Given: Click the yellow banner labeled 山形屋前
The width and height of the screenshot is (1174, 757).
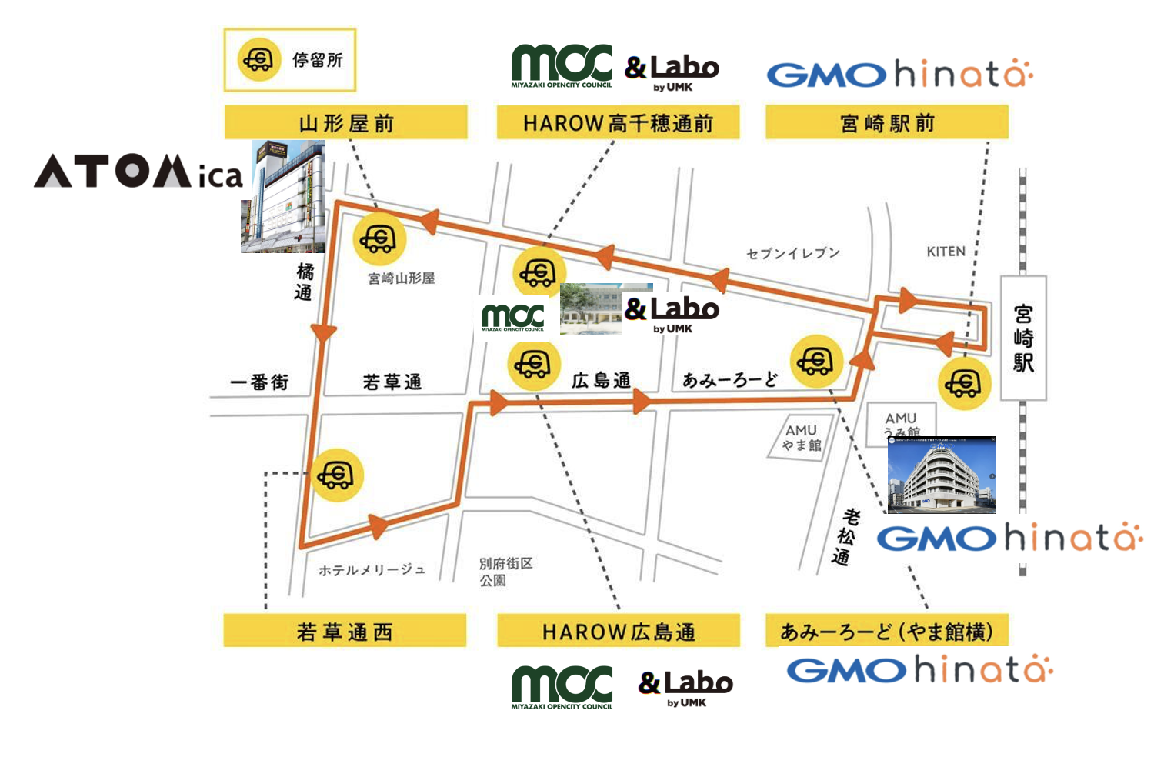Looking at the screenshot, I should pyautogui.click(x=345, y=123).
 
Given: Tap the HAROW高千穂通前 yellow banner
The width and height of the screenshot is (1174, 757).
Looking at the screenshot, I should pyautogui.click(x=618, y=123).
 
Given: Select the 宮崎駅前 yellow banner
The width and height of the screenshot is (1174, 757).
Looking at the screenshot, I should pyautogui.click(x=886, y=123).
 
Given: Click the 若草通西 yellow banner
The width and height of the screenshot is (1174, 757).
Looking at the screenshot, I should pyautogui.click(x=345, y=632).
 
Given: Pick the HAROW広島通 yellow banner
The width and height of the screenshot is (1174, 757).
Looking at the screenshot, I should pyautogui.click(x=618, y=632).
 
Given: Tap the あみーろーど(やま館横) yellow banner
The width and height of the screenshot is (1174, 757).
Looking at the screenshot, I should pyautogui.click(x=886, y=632).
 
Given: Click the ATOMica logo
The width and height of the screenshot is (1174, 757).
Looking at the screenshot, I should pyautogui.click(x=138, y=172).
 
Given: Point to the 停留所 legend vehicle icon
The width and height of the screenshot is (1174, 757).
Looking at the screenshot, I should pyautogui.click(x=258, y=59).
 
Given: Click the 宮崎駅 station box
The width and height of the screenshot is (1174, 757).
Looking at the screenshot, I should pyautogui.click(x=1023, y=338).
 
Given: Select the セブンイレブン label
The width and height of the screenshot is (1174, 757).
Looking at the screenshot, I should pyautogui.click(x=793, y=252).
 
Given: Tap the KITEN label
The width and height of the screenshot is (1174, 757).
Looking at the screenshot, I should pyautogui.click(x=946, y=252).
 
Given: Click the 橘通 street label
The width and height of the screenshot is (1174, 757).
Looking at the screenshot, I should pyautogui.click(x=305, y=282).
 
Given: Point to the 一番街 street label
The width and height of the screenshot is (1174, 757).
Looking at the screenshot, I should pyautogui.click(x=259, y=382).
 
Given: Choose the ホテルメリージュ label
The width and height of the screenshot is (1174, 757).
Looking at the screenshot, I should pyautogui.click(x=372, y=570).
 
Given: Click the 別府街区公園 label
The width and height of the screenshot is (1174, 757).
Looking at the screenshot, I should pyautogui.click(x=505, y=572).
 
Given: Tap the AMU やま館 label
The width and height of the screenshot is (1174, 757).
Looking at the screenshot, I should pyautogui.click(x=802, y=438).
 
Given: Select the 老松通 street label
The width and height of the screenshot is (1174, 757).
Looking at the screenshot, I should pyautogui.click(x=846, y=536).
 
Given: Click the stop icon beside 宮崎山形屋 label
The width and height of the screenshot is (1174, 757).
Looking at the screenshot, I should pyautogui.click(x=379, y=238).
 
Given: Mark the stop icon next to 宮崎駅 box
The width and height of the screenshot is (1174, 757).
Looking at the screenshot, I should pyautogui.click(x=964, y=382).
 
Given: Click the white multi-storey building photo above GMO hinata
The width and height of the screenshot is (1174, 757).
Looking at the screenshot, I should pyautogui.click(x=941, y=475).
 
